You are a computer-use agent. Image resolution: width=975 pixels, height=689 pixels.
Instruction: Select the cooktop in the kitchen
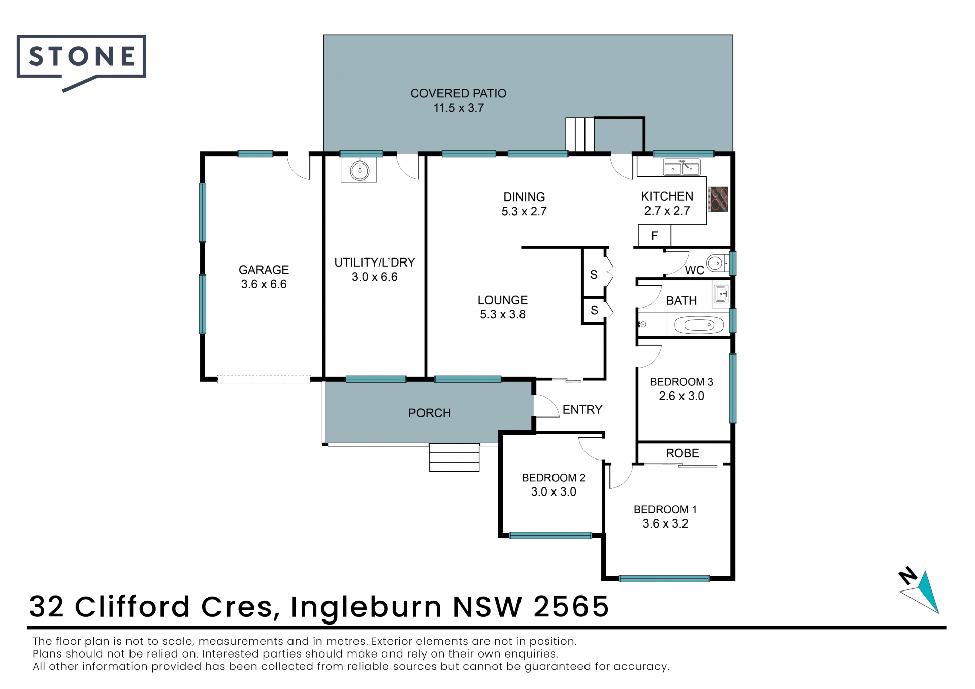point(718,199)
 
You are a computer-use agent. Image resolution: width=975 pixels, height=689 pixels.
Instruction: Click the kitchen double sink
point(681,168)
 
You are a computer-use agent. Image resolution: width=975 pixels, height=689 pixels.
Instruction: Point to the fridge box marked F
point(655,236)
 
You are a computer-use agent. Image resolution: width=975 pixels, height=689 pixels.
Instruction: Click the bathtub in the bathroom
point(699,324)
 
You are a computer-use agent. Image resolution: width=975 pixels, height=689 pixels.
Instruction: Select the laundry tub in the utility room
point(359,170)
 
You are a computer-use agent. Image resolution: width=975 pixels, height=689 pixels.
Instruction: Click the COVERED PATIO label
point(458,93)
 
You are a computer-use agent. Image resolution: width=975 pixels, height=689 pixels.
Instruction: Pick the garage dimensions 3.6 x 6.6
point(264,284)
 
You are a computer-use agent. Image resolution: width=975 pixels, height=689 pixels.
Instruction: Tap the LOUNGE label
point(503,300)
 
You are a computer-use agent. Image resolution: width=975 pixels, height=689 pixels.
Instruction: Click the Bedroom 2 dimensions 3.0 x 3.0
point(554,491)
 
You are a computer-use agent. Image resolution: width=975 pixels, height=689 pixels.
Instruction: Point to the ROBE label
point(682,453)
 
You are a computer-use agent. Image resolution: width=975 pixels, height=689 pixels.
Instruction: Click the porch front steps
point(454,457)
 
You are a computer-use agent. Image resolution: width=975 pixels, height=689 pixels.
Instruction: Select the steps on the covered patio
point(580,134)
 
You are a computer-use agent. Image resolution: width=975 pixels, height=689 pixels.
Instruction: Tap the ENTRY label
point(582,409)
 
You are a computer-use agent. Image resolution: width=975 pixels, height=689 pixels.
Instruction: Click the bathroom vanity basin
point(721,294)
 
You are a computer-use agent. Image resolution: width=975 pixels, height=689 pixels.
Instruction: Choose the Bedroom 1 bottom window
point(664,578)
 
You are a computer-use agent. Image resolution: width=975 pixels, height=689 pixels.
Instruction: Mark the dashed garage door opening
point(264,379)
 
